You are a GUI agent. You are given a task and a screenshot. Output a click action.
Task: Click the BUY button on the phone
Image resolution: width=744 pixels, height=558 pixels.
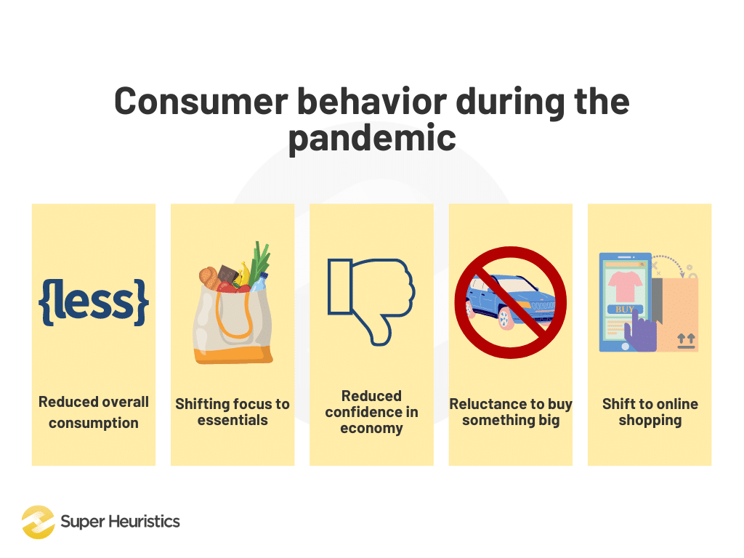coord(624,310)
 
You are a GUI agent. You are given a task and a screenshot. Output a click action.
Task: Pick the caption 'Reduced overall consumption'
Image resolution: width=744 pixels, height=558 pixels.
coord(93,412)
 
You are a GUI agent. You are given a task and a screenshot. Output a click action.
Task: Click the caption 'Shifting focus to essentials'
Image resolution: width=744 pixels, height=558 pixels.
coord(232,412)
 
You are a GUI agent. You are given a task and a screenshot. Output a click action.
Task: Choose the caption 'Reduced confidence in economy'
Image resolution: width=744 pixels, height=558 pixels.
coord(371,412)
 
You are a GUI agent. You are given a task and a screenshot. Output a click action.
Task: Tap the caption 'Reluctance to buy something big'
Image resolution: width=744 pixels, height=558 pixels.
coord(510,412)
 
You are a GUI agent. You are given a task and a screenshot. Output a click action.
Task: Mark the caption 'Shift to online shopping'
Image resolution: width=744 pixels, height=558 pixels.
coord(650,412)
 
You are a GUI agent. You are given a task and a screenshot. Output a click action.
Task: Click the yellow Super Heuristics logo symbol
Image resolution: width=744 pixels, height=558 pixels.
coord(38,522)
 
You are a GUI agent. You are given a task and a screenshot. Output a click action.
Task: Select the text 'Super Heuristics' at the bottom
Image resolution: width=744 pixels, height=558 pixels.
coord(120,522)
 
